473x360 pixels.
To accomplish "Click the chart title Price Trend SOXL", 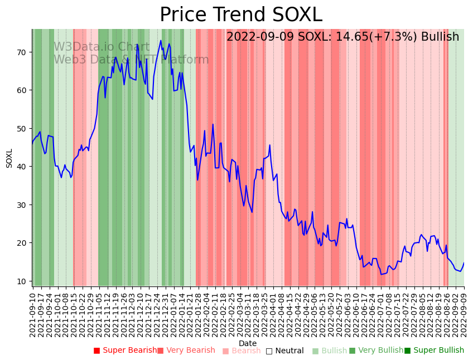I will [241, 15].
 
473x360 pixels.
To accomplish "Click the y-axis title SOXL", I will [9, 158].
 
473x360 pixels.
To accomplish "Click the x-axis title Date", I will [248, 343].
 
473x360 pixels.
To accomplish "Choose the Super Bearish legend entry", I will [125, 351].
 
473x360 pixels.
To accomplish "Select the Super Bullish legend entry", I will [434, 351].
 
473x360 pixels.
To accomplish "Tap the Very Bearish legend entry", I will [186, 351].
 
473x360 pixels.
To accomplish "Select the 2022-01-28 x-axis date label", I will [199, 313].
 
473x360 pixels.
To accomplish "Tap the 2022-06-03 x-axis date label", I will [348, 313].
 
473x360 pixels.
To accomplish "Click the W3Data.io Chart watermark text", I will [102, 47].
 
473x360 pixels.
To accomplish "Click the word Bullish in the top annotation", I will [440, 37].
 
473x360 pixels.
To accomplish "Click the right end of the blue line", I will [464, 263].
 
